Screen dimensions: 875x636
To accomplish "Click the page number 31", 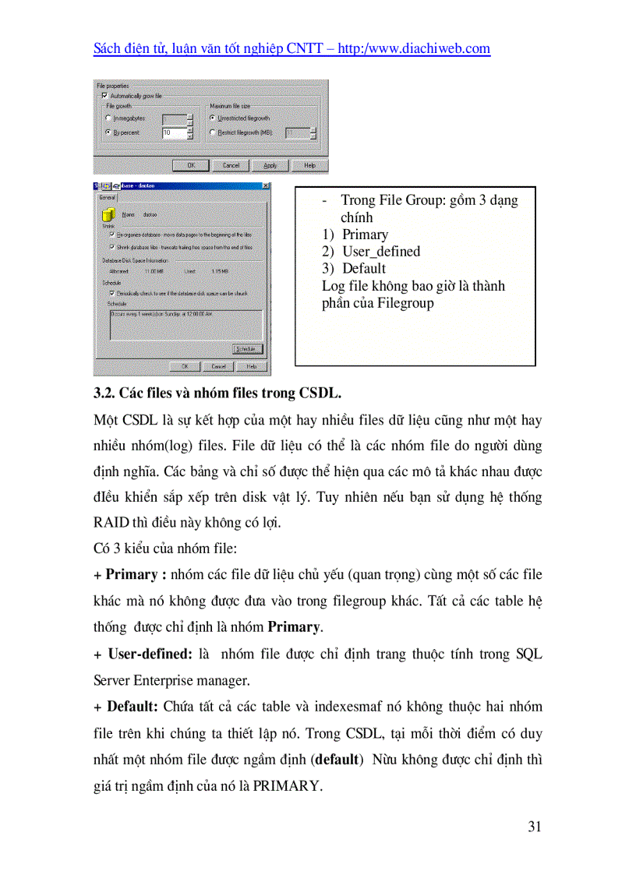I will pyautogui.click(x=534, y=827).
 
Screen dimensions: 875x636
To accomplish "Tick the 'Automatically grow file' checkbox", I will pyautogui.click(x=104, y=96).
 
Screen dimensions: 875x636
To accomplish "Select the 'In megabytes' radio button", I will pyautogui.click(x=108, y=118).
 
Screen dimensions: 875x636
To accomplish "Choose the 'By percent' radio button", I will pyautogui.click(x=108, y=133).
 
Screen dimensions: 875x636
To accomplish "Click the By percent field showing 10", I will pyautogui.click(x=173, y=133).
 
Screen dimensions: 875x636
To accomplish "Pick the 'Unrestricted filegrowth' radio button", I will pyautogui.click(x=213, y=118).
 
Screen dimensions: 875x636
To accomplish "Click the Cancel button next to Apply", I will pyautogui.click(x=231, y=165).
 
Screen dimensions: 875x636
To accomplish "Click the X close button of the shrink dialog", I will pyautogui.click(x=266, y=185).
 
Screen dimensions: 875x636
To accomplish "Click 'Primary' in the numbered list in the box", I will pyautogui.click(x=365, y=235).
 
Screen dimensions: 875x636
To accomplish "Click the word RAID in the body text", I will pyautogui.click(x=111, y=523).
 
